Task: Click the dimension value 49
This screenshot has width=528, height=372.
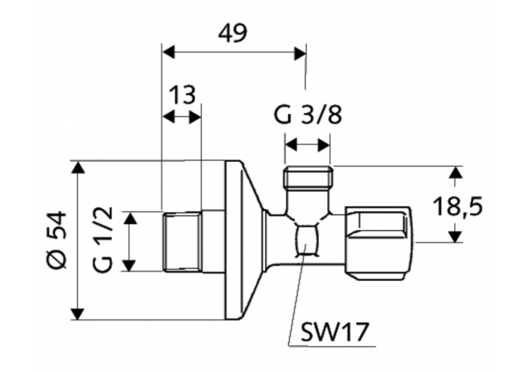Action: [x=232, y=33]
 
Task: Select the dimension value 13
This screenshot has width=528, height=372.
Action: [x=182, y=96]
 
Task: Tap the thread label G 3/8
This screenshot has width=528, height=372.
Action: [x=308, y=117]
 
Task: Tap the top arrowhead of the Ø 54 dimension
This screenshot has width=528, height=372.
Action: [x=78, y=167]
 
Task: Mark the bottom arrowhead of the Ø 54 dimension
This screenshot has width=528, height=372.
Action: [x=78, y=313]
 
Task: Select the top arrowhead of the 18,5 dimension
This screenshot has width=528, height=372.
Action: [x=454, y=172]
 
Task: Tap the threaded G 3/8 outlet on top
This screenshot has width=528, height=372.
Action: [x=307, y=177]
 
